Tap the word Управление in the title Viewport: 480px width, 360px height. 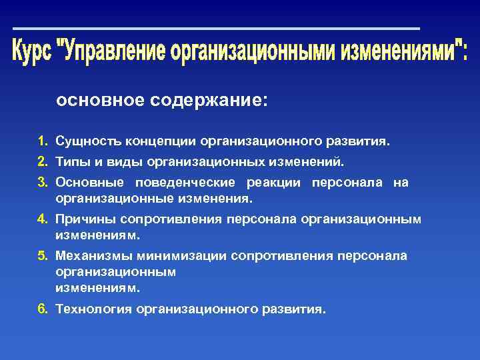tap(113, 51)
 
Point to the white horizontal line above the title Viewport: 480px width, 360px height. tap(217, 29)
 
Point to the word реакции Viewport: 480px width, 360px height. tap(273, 183)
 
